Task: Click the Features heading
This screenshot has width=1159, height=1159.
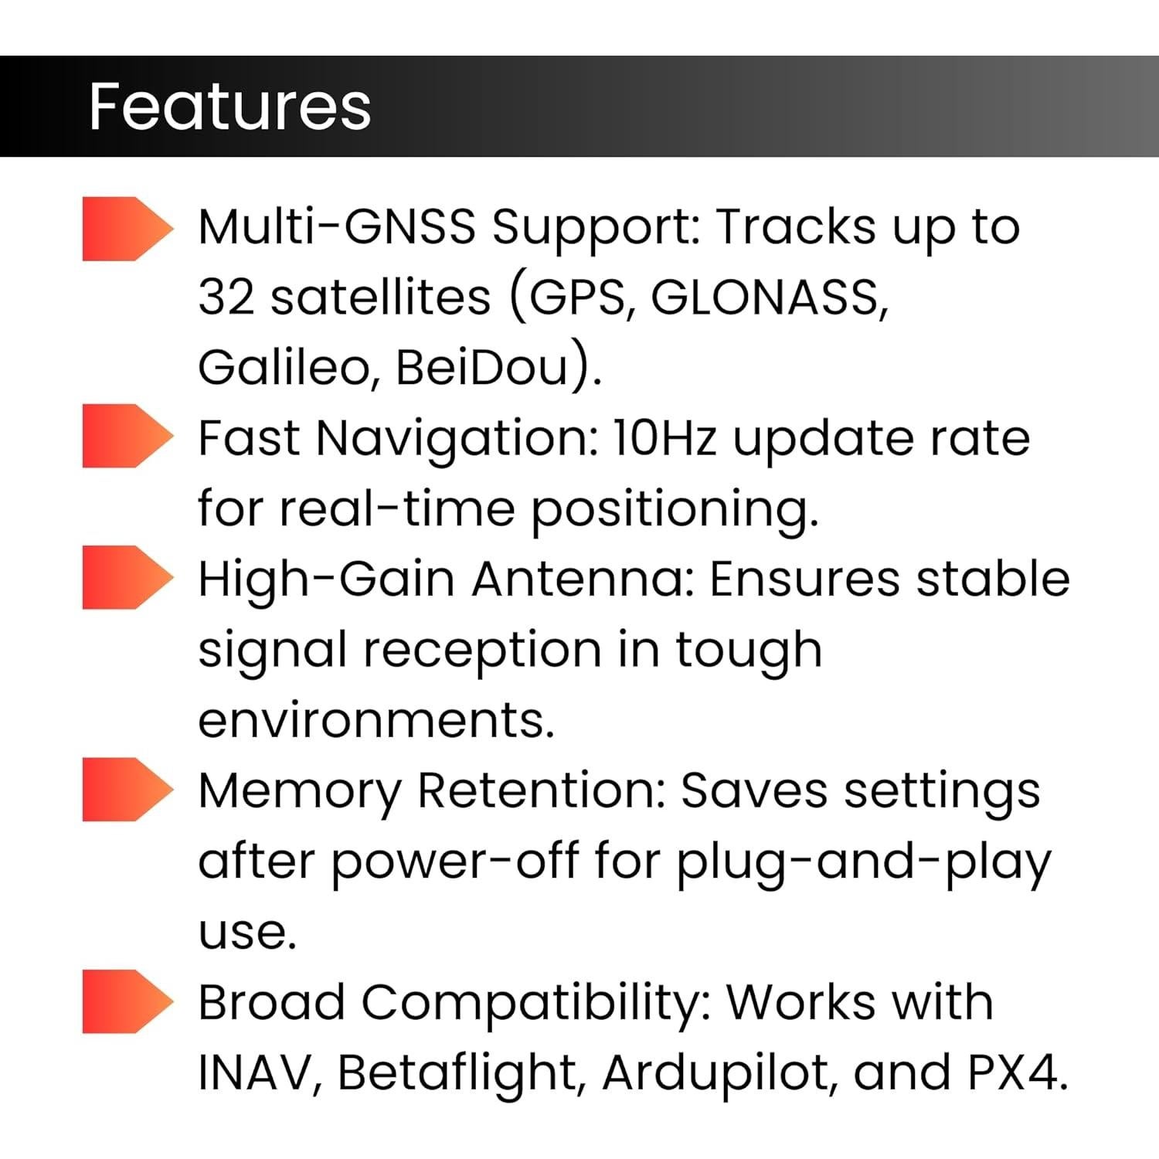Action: click(x=229, y=107)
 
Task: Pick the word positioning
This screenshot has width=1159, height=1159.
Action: click(x=674, y=510)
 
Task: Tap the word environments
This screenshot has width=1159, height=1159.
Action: click(x=376, y=720)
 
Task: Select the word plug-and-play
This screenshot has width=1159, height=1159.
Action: click(x=863, y=862)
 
